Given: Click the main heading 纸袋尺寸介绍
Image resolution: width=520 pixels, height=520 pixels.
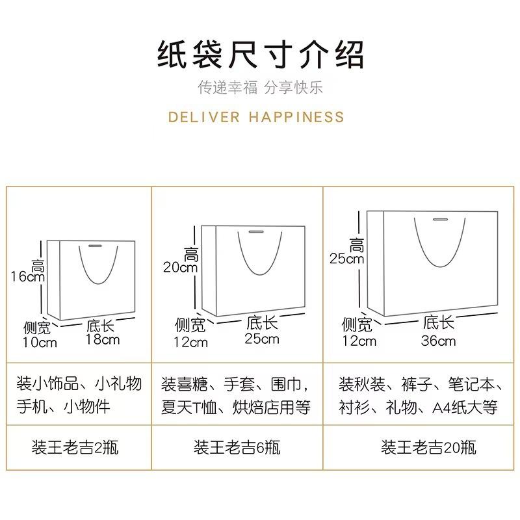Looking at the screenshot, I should point(260,55).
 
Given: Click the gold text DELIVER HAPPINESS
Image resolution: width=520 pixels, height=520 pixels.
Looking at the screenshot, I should point(256,117).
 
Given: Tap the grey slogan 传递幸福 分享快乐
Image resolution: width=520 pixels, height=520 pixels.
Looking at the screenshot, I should point(260,88).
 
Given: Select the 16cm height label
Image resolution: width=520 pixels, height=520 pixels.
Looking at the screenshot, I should point(27,276).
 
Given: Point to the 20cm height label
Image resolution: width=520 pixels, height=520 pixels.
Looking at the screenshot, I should point(180,267).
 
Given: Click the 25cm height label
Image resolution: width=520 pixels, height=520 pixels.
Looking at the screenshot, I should point(346,259).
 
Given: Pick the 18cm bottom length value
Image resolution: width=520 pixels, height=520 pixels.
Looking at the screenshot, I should point(103,339).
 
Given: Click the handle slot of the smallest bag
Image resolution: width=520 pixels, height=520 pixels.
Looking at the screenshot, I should point(95,246).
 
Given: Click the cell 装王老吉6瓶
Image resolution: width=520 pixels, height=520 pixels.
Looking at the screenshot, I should point(237,448).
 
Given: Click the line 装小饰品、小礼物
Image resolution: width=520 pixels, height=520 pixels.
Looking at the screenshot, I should point(79,383).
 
